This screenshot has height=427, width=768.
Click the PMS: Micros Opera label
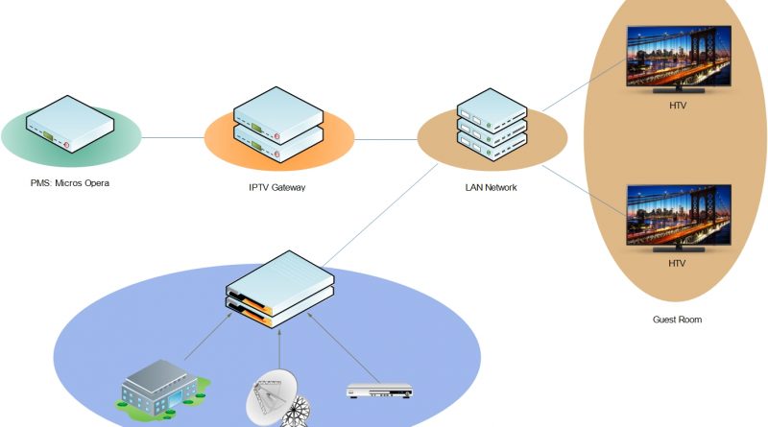pos(70,182)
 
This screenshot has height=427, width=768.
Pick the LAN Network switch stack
pos(492,125)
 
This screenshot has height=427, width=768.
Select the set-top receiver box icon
pos(378,391)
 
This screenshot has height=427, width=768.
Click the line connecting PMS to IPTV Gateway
pos(173,138)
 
